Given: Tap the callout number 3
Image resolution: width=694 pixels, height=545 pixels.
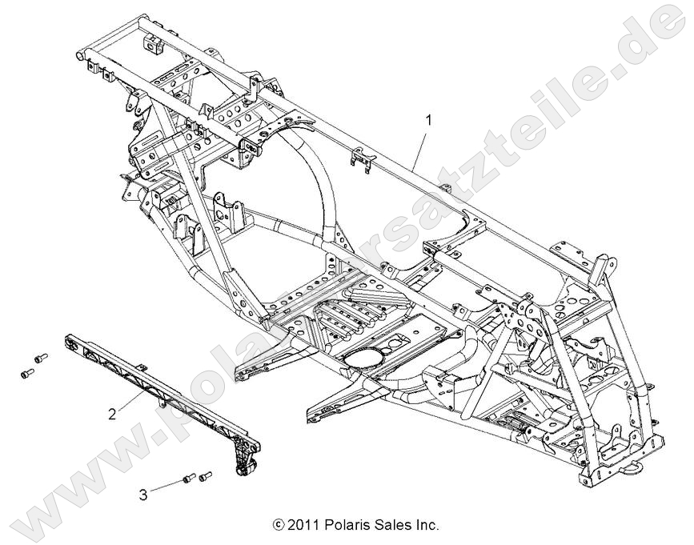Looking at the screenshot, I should click(x=142, y=495).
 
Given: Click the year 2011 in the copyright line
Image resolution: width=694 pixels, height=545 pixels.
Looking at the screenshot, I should click(x=302, y=526).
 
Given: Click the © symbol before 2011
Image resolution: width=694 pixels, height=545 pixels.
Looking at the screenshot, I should click(x=278, y=527).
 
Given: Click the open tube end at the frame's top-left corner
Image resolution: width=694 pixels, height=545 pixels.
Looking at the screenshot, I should click(x=80, y=54).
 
